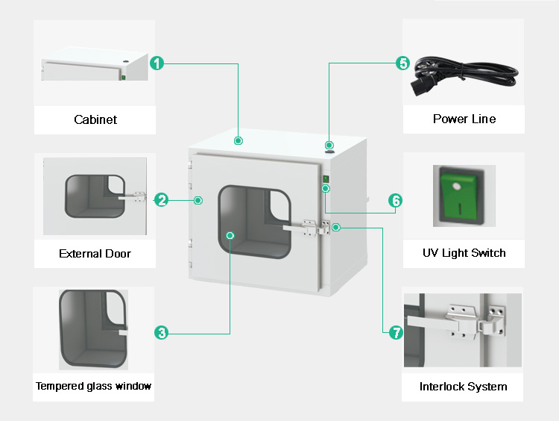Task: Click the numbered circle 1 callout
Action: coord(157,63)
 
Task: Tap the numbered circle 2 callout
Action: coord(162,199)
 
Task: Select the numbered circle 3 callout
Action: coord(162,333)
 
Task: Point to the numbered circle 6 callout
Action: coord(396,200)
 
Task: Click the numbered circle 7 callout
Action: coord(396,333)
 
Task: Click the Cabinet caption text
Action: coord(95,119)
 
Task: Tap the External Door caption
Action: coord(95,254)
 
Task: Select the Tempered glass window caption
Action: coord(94,386)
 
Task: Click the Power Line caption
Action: coord(464,119)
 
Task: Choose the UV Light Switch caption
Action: coord(464,253)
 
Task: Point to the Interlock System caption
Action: coord(463,387)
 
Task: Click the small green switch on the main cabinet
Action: coord(325,179)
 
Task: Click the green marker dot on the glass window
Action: coord(230,235)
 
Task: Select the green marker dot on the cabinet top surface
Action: coord(238,140)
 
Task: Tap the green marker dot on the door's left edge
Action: coord(198,200)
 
